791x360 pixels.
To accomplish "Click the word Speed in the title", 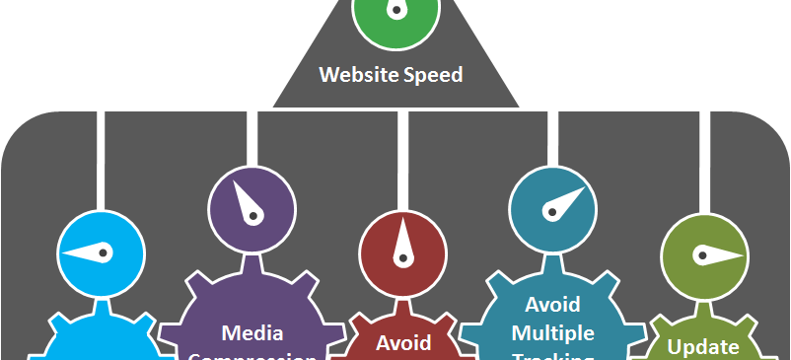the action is [x=430, y=75].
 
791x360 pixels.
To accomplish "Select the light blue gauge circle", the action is [x=102, y=253].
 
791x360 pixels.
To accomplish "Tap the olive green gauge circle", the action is [x=702, y=253].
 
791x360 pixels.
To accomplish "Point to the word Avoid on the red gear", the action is [x=403, y=342].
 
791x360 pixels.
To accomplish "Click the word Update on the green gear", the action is [x=703, y=346].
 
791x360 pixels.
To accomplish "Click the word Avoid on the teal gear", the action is [x=552, y=303].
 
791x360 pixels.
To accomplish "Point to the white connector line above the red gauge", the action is [x=402, y=158].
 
